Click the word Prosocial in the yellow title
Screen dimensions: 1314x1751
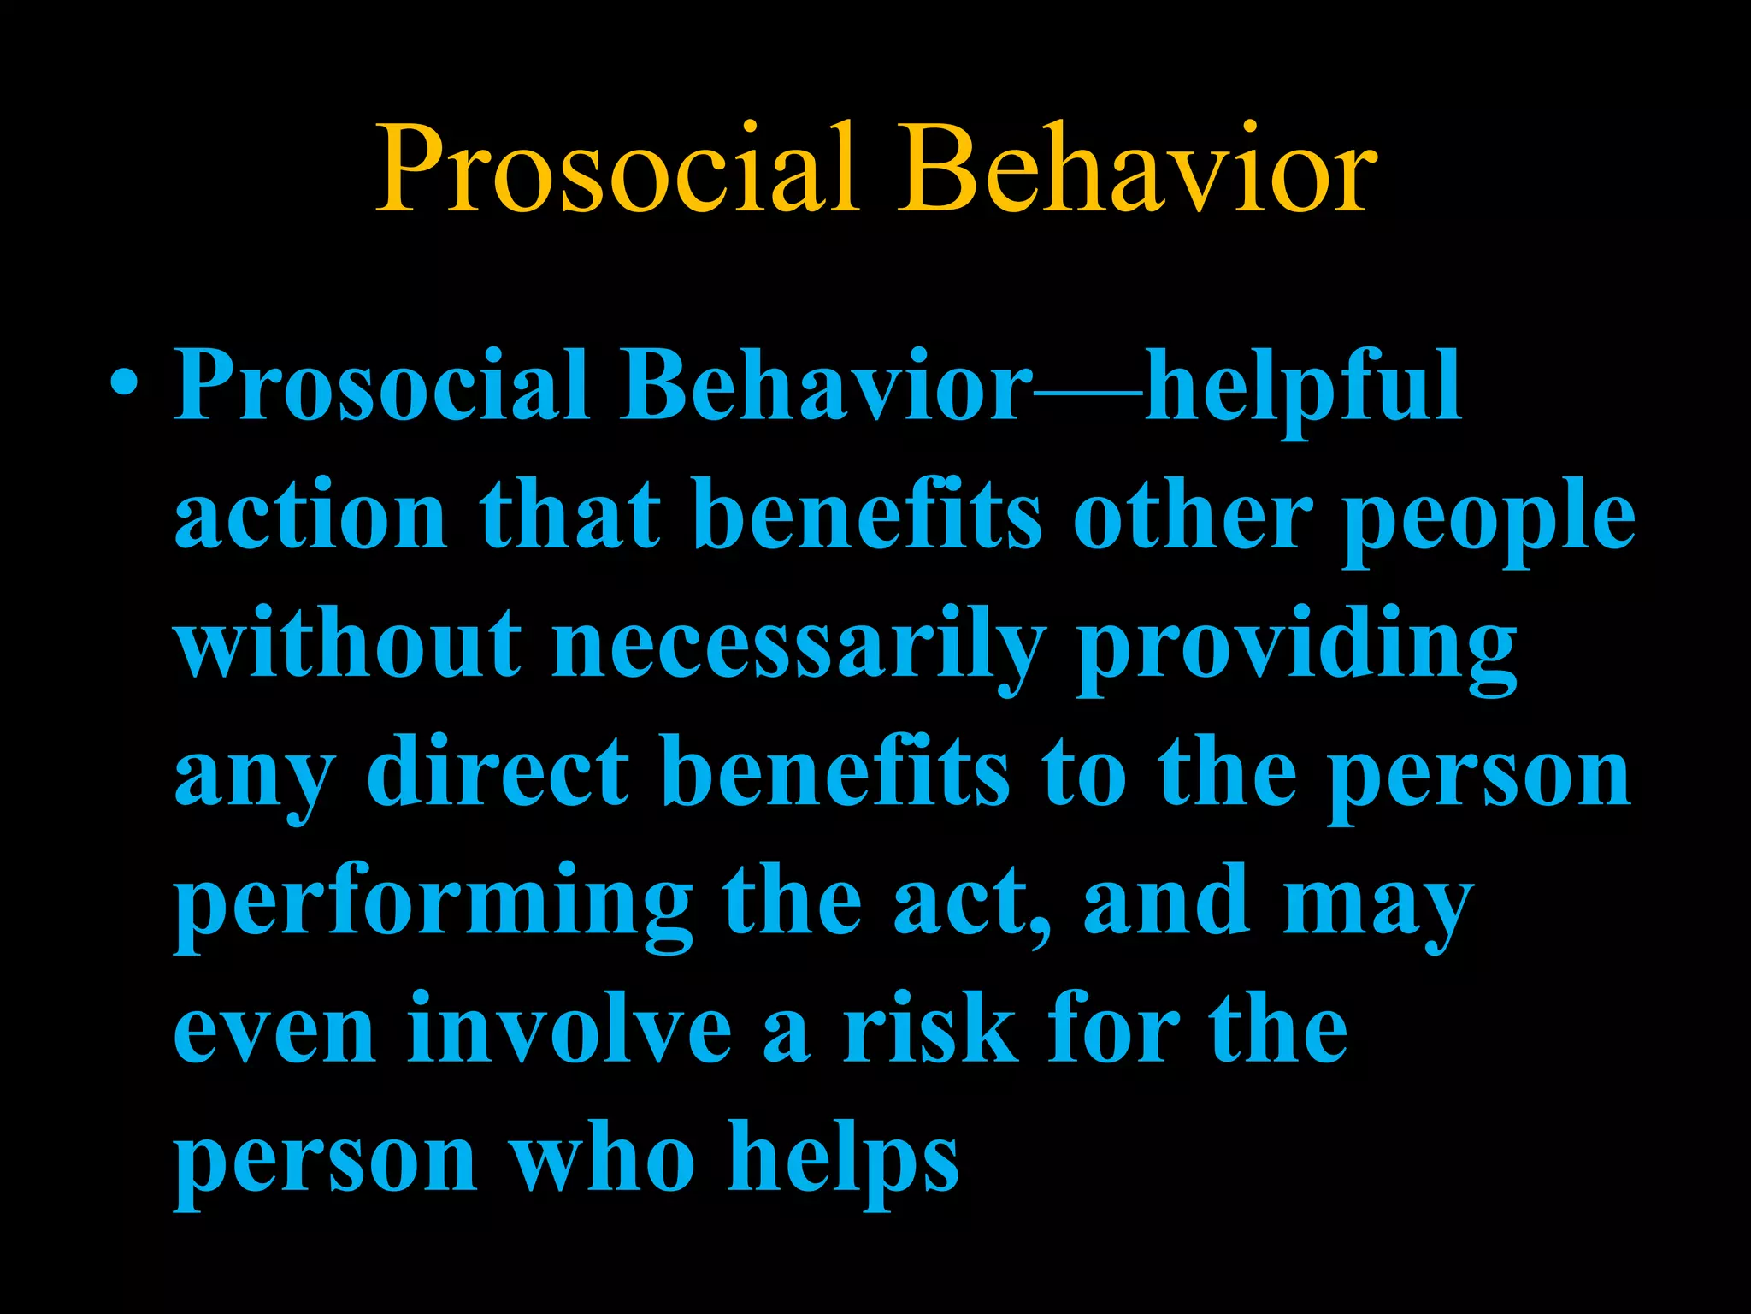click(617, 169)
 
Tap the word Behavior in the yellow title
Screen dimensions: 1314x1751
click(1136, 169)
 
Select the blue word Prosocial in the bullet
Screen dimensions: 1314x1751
click(381, 386)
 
